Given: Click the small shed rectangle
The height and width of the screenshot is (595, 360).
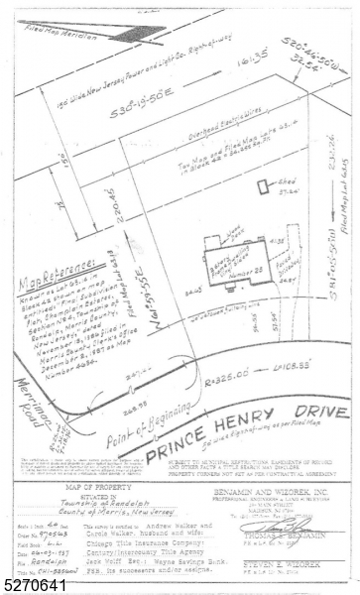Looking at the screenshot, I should coord(262,185).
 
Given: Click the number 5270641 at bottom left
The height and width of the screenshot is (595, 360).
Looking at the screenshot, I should coord(28,587).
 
